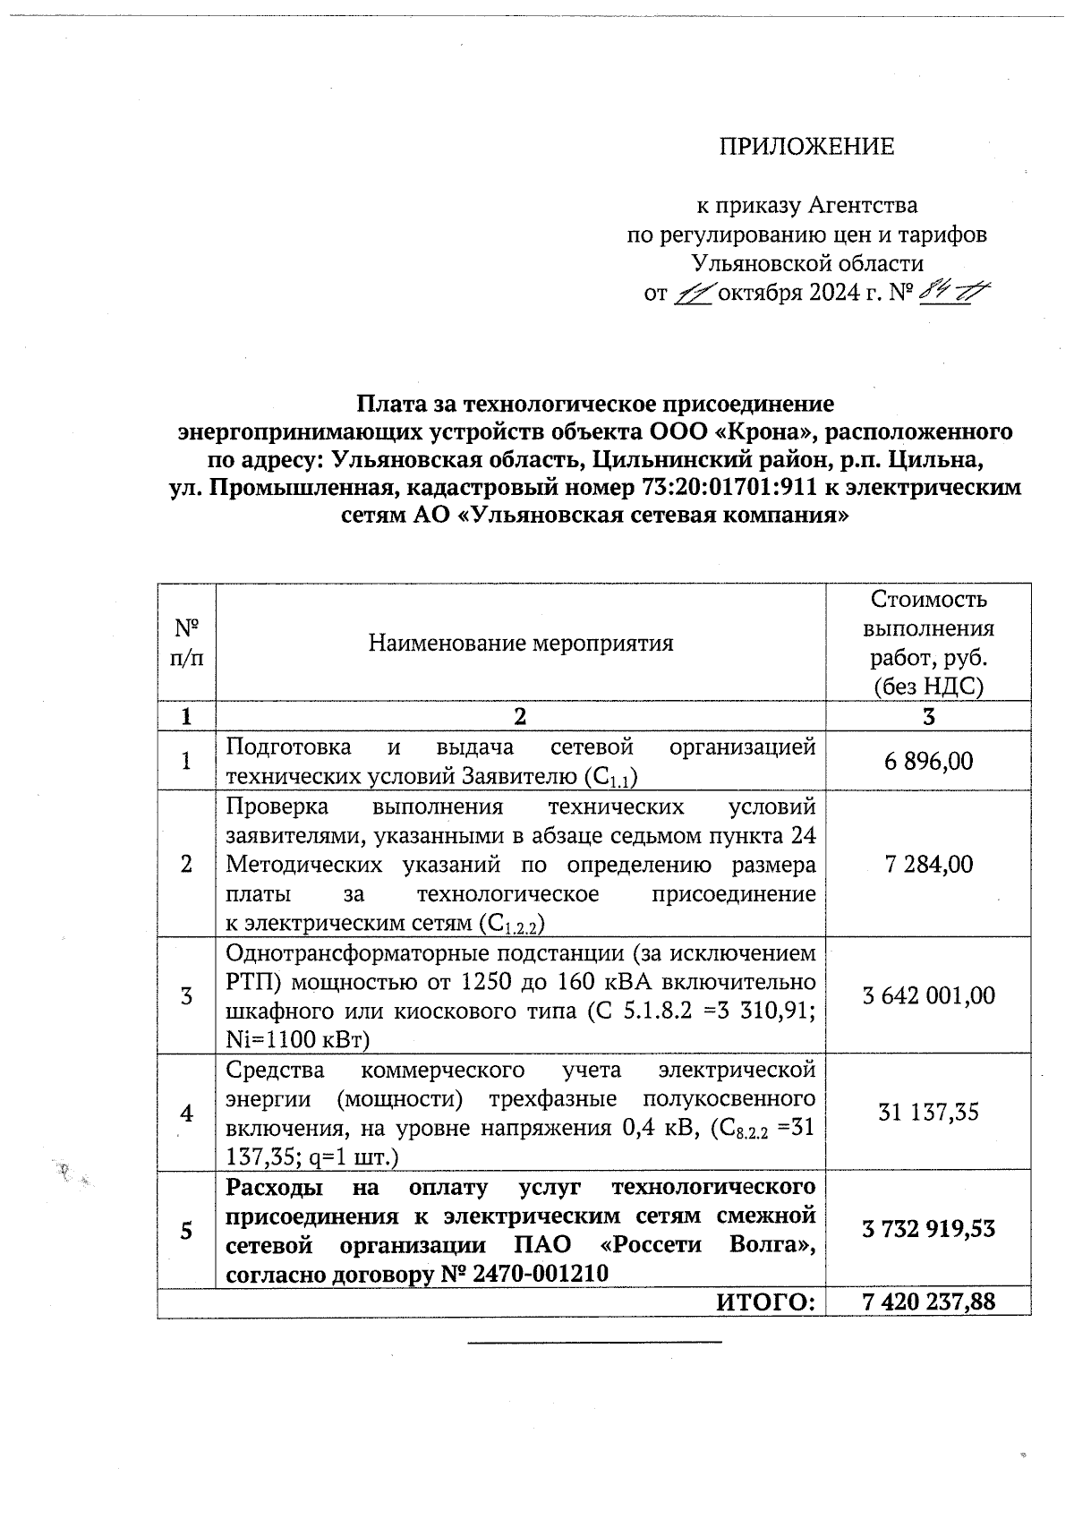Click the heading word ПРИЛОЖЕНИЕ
coord(806,147)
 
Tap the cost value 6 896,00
coord(928,762)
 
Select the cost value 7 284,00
coord(928,865)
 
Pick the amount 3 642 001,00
coord(928,996)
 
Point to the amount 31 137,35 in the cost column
coord(928,1113)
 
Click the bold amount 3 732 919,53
coord(928,1229)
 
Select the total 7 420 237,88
coord(928,1301)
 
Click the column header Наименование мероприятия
coord(521,643)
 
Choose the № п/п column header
coord(186,643)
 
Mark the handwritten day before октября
coord(693,294)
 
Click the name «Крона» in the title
coord(768,432)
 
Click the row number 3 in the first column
coord(186,996)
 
